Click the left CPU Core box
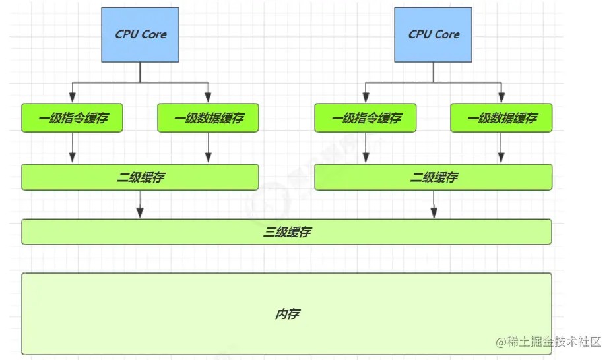click(140, 34)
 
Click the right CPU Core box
click(433, 34)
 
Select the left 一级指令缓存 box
click(73, 118)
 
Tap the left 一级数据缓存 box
click(208, 118)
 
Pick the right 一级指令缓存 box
click(366, 118)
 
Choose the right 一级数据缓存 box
click(501, 118)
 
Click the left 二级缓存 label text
click(140, 177)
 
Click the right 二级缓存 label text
click(434, 177)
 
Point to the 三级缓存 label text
click(287, 232)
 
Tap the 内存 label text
click(287, 315)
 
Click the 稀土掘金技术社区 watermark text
click(549, 342)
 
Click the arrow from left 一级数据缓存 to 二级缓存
click(208, 148)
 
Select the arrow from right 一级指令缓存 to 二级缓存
click(366, 148)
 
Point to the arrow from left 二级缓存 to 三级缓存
click(140, 204)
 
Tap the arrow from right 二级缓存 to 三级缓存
click(434, 204)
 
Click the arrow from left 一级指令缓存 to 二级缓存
click(73, 148)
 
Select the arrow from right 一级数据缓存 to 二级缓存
click(501, 148)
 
